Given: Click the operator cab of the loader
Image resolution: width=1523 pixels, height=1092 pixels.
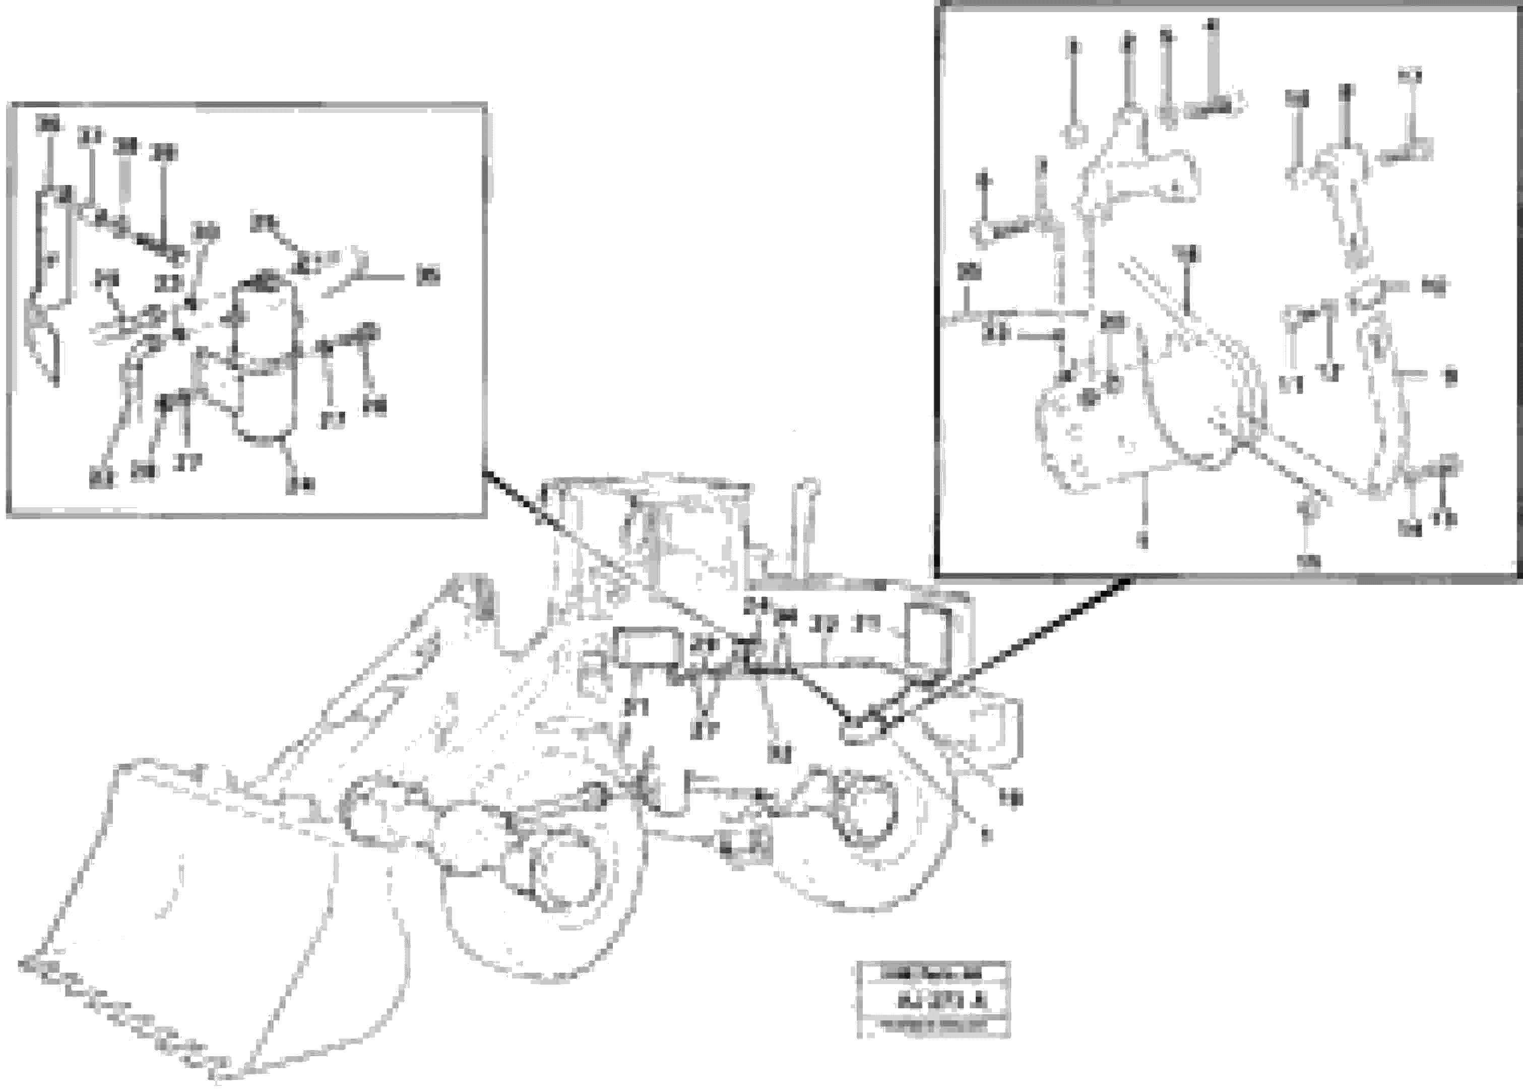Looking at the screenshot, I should [671, 537].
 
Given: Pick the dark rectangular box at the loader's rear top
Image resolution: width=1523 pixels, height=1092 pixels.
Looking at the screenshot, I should [929, 637].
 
